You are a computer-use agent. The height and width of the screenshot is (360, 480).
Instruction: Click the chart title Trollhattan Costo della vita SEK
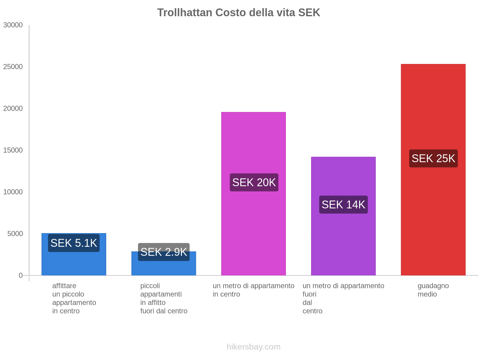point(238,13)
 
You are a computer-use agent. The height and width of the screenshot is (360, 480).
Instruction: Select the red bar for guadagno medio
point(433,210)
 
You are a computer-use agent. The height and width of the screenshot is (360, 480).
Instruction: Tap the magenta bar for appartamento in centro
point(253,228)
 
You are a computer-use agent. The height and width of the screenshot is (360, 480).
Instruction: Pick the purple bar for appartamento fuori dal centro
point(343,240)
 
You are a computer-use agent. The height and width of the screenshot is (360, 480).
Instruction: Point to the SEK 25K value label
point(433,158)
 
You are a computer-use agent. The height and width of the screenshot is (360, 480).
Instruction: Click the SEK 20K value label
point(254,182)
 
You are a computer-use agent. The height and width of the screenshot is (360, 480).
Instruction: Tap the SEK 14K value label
point(343,205)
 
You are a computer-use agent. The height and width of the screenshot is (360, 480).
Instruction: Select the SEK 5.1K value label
point(74,243)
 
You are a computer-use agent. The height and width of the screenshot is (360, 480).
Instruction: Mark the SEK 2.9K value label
point(163,252)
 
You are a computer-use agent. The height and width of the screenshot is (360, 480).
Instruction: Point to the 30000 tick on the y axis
point(13,25)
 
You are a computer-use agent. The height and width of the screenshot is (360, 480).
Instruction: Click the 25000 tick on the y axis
point(13,67)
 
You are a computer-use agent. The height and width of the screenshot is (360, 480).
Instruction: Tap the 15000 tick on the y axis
point(13,150)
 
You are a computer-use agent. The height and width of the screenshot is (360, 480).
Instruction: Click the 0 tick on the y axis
point(21,275)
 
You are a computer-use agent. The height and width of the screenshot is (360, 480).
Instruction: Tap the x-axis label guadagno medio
point(433,290)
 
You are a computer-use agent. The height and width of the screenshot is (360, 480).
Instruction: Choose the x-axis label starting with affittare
point(74,298)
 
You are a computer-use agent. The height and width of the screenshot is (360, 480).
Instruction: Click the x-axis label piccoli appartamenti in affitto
point(163,298)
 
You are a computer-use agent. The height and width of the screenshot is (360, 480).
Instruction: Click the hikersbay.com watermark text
point(253,347)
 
